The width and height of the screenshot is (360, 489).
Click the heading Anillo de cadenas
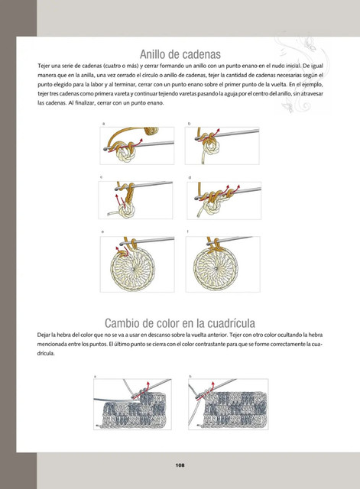180,54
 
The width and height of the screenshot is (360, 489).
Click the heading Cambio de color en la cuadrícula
180,323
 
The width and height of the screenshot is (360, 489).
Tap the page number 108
180,465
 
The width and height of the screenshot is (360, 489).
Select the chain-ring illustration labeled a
137,146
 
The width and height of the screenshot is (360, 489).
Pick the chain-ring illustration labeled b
222,146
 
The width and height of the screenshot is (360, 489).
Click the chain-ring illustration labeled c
136,200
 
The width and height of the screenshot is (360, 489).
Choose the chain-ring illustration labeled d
224,200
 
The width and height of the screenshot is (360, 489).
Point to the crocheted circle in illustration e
132,268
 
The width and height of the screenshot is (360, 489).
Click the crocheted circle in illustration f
216,268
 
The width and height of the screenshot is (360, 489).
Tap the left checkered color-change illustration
132,404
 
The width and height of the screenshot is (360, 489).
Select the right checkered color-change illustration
229,404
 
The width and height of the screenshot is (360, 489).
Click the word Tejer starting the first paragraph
43,66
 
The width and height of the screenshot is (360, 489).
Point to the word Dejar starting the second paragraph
43,335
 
